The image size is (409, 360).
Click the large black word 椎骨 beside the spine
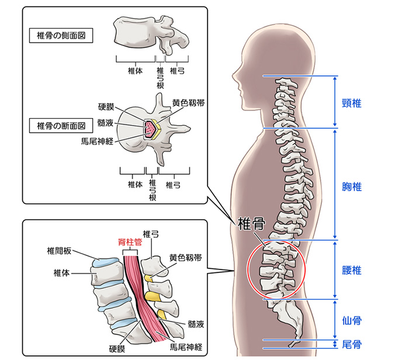point(251,224)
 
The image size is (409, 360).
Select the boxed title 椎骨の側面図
point(61,36)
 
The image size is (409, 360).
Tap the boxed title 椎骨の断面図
point(61,126)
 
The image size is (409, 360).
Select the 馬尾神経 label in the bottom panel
point(186,347)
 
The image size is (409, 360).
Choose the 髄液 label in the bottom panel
point(196,323)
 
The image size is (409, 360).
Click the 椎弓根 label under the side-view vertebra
point(160,75)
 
